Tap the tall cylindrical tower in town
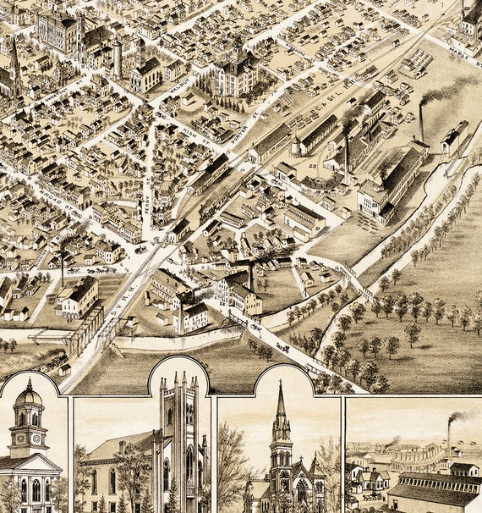pyautogui.click(x=117, y=58)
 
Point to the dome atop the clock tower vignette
pyautogui.click(x=27, y=394)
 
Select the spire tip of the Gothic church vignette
pyautogui.click(x=281, y=385)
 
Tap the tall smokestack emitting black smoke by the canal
pyautogui.click(x=420, y=123)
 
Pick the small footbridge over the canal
pyautogui.click(x=355, y=280)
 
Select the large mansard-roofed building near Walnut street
pyautogui.click(x=236, y=72)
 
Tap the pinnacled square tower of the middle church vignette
pyautogui.click(x=179, y=423)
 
